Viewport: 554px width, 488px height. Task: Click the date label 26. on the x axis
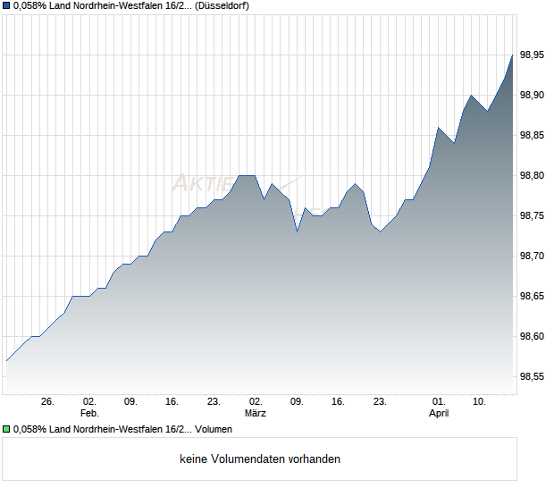click(x=47, y=402)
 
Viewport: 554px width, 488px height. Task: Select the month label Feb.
click(x=88, y=414)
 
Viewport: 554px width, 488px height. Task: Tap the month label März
click(x=256, y=414)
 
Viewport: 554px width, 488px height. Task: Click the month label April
click(x=439, y=414)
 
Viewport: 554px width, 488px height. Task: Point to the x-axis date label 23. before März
click(x=214, y=402)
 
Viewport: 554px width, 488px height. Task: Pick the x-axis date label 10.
click(x=480, y=402)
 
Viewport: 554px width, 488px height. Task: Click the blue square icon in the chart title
click(x=5, y=5)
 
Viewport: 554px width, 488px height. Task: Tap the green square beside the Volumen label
click(x=5, y=430)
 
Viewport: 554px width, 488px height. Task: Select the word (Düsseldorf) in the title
click(x=215, y=5)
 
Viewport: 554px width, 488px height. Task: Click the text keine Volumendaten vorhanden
click(x=260, y=459)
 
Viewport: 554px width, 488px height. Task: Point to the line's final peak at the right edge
click(x=512, y=55)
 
